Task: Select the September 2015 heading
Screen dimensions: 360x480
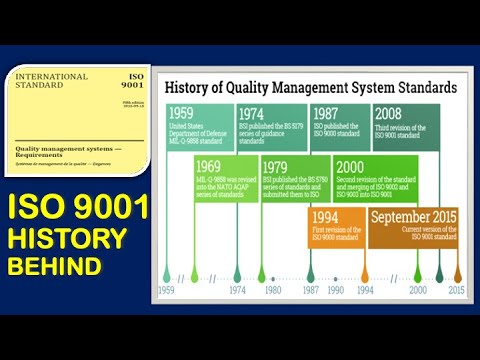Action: [413, 216]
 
